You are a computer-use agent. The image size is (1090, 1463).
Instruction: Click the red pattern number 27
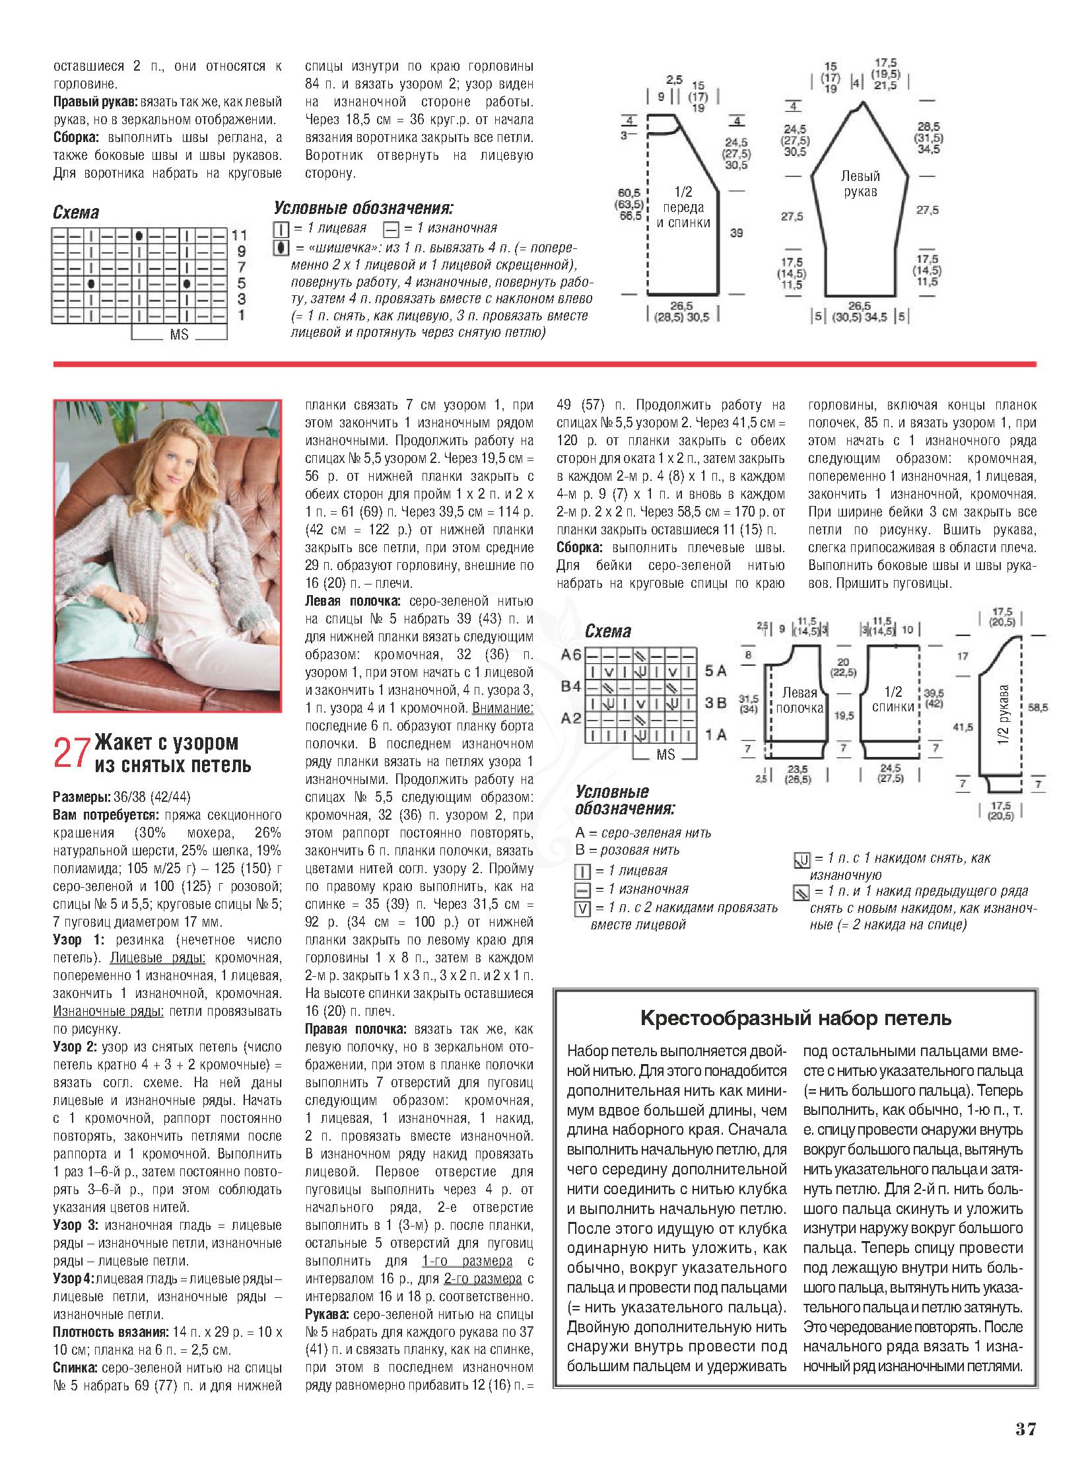click(x=71, y=753)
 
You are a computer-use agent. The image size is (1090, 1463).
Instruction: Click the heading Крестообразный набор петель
click(x=796, y=1018)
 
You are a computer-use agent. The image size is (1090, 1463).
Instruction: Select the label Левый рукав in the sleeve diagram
click(x=860, y=184)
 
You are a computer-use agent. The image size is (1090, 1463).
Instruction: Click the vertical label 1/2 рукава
click(x=1004, y=715)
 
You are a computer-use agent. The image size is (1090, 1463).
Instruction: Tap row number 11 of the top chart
click(x=239, y=235)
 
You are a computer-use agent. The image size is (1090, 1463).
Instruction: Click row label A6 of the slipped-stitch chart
click(x=571, y=655)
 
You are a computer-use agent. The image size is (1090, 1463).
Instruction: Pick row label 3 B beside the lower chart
click(x=716, y=703)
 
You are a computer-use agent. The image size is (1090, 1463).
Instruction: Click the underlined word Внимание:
click(x=502, y=707)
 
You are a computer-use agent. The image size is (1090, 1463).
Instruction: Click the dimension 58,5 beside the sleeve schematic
click(x=1037, y=707)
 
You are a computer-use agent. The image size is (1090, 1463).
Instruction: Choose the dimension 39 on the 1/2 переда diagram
click(x=736, y=232)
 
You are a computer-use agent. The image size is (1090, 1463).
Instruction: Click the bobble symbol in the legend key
click(x=282, y=248)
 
